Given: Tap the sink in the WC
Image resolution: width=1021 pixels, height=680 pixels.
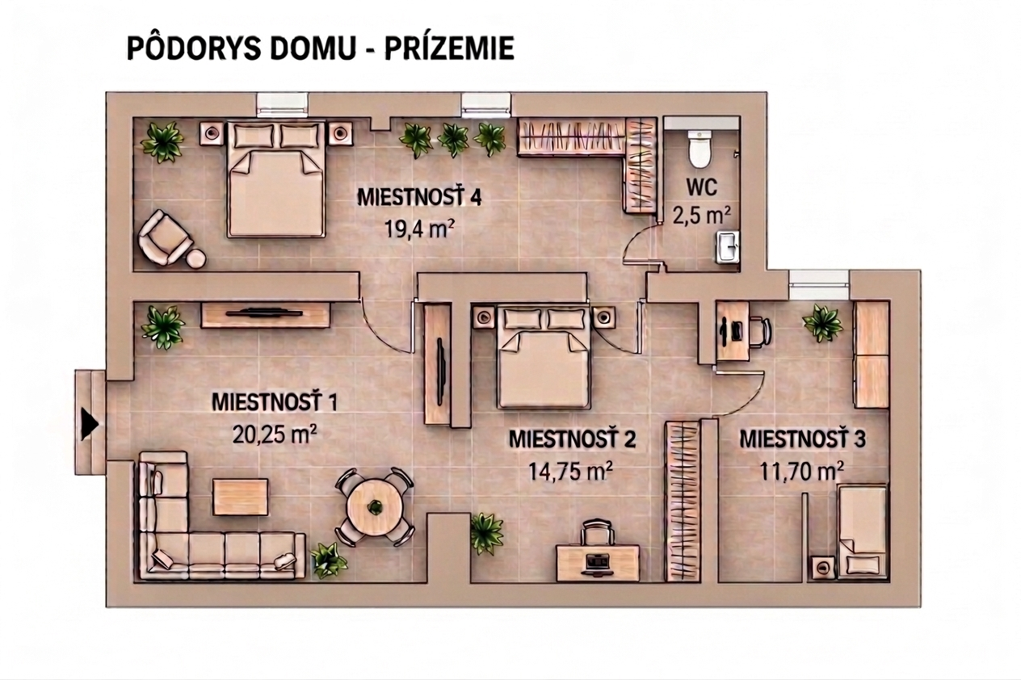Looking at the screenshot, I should coord(728,246).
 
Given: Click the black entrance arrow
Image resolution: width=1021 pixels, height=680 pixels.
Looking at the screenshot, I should coord(89,423).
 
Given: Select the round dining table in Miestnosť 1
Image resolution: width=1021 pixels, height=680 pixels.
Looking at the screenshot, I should coord(375,506).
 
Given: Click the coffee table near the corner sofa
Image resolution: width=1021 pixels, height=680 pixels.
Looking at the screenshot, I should coord(241,496).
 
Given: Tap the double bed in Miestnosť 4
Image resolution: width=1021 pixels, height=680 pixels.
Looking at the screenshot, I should coord(275,179).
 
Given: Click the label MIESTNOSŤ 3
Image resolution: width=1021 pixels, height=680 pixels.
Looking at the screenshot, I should coord(802,440).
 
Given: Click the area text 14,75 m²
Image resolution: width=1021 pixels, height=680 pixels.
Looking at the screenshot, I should coord(570,471).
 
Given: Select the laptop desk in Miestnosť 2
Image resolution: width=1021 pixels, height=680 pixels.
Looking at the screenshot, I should coord(598,562).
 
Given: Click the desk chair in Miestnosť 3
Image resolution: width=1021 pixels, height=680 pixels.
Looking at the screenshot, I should coord(759,330).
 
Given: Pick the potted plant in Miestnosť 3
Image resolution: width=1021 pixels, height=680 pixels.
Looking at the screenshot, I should coord(822,322).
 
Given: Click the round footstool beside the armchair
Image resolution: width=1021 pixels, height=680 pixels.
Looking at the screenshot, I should coord(196,258).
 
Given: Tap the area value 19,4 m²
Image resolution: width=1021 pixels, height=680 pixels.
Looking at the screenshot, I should coord(418,229).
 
